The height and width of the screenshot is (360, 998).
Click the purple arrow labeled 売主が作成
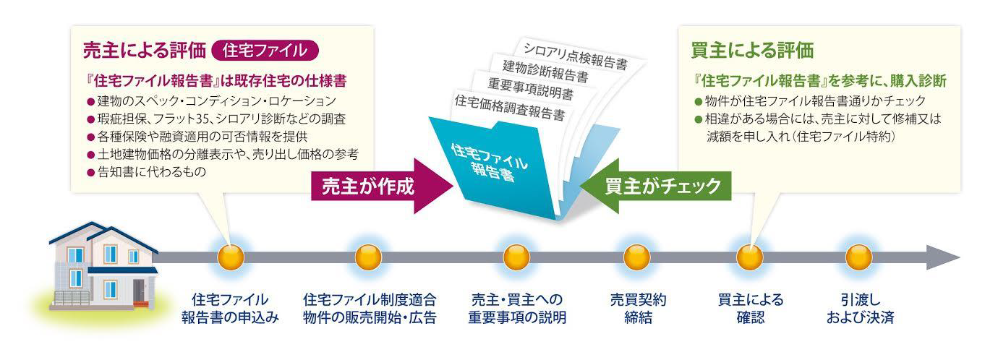coord(381,186)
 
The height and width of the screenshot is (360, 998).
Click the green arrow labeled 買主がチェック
coord(655,186)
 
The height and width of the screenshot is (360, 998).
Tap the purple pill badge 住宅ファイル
coord(265,51)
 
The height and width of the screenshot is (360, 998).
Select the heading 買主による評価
coord(752,51)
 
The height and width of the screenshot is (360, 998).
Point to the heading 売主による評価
coord(145,51)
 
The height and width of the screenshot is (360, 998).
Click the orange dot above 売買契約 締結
coord(636,257)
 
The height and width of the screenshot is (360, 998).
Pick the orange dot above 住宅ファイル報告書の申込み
coord(231,257)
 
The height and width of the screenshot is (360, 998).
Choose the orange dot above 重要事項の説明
coord(516,257)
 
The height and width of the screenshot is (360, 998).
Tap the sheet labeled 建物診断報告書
coord(546,72)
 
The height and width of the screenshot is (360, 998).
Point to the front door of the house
coord(140,291)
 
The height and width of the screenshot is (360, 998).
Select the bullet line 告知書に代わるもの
coord(147,172)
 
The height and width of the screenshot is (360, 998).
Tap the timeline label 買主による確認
coord(751,309)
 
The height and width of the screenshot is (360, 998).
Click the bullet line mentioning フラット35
coord(216,119)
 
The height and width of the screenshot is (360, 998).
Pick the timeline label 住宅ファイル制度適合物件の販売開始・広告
coord(370,309)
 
